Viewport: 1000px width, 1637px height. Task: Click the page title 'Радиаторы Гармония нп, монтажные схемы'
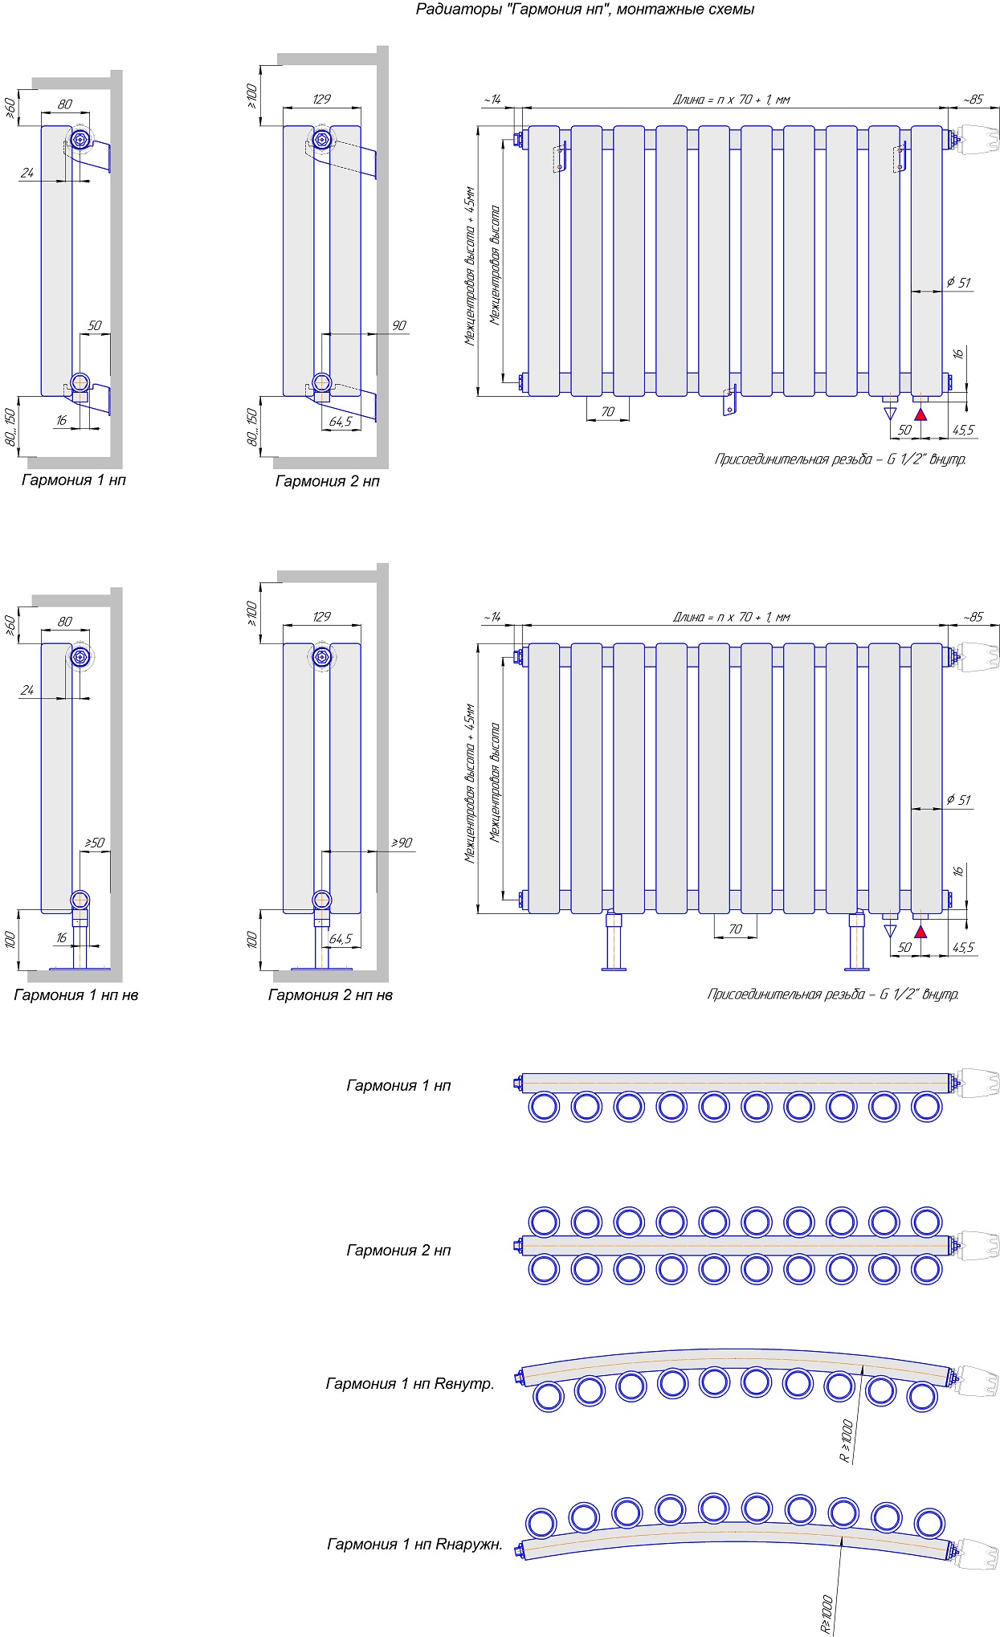tap(585, 10)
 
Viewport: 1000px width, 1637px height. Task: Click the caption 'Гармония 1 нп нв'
tap(76, 995)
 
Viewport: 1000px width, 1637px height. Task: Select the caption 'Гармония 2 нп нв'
tap(330, 995)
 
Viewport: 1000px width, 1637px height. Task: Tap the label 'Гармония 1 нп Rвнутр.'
tap(410, 1383)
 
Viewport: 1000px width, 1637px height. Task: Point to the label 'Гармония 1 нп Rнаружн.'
tap(414, 1544)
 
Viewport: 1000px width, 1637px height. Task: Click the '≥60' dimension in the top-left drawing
tap(10, 108)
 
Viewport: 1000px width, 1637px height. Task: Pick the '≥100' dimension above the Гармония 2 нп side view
tap(251, 96)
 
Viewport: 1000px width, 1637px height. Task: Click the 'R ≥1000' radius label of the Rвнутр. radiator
tap(846, 1441)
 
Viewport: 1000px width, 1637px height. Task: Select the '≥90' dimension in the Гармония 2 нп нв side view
tap(402, 843)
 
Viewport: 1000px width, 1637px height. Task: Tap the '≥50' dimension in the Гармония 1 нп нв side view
tap(95, 843)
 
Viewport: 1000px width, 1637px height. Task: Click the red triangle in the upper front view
tap(920, 414)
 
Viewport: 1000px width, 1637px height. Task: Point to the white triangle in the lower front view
tap(889, 931)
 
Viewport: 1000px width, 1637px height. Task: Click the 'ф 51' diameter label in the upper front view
tap(958, 283)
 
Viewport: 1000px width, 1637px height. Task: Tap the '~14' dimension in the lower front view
tap(492, 617)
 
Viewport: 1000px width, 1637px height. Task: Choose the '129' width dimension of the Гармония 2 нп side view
tap(321, 100)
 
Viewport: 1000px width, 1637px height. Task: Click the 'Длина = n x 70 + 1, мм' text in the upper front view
tap(731, 100)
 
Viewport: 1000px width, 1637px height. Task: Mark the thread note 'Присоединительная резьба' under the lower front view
tap(833, 994)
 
